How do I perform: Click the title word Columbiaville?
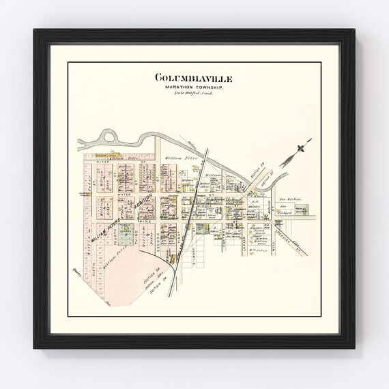[x=194, y=78]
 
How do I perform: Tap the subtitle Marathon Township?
[x=194, y=87]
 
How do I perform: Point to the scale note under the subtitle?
[x=194, y=93]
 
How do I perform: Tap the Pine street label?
[x=145, y=222]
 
